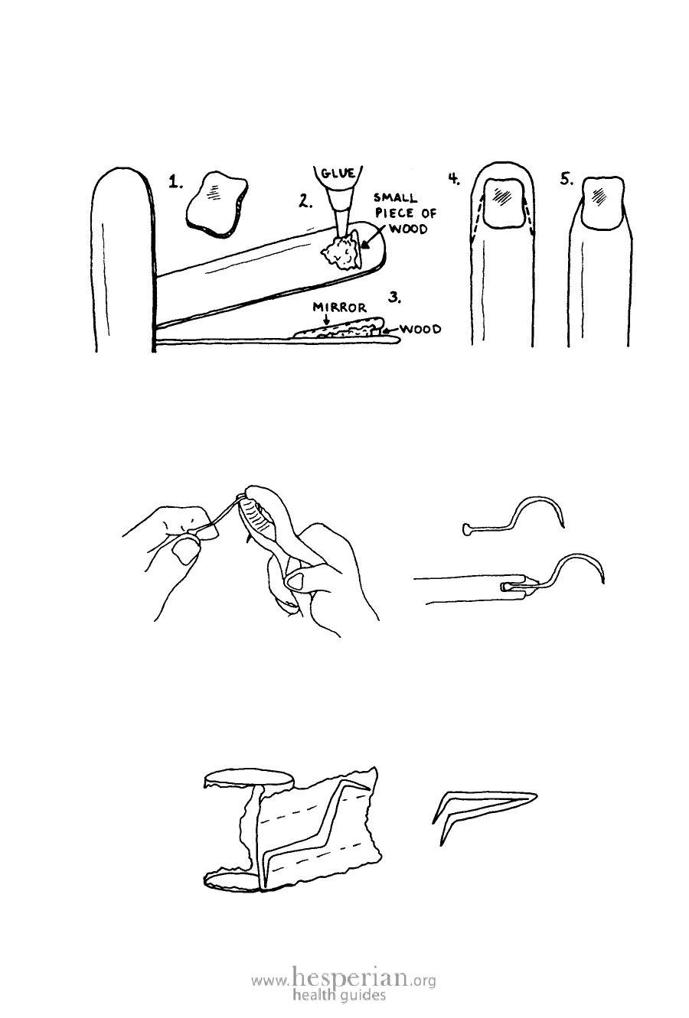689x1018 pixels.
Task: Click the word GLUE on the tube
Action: pos(338,174)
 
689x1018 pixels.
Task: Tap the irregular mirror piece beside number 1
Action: pos(217,203)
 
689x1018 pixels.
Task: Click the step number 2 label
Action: pos(305,200)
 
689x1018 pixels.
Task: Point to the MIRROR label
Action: pos(339,307)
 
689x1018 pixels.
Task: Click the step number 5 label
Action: pos(567,180)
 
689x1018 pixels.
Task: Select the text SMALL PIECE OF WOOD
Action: pos(405,213)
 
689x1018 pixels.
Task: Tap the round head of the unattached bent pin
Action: pos(467,529)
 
